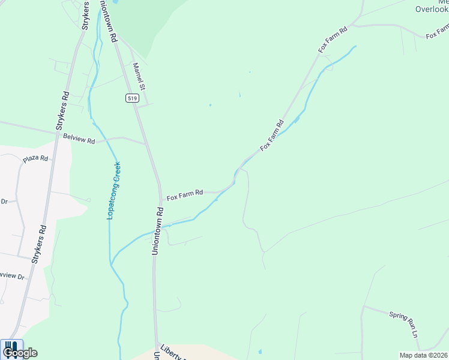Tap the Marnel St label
[x=139, y=77]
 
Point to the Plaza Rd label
[x=35, y=159]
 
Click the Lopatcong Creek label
[x=114, y=190]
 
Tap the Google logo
[x=20, y=352]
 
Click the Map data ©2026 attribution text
[x=423, y=355]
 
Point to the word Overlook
[x=432, y=10]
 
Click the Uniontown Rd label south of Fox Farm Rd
[x=157, y=232]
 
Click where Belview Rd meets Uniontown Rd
[x=146, y=144]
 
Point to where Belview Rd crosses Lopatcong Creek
[x=106, y=139]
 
